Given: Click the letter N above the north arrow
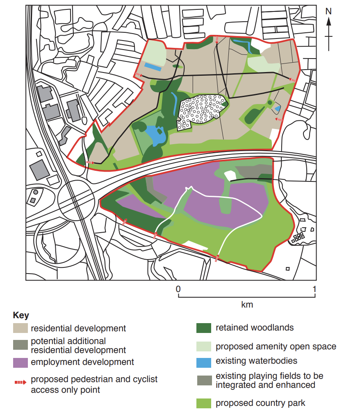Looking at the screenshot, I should (328, 11).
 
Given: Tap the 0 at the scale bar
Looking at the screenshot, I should (178, 288).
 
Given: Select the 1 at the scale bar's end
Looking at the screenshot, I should (314, 288).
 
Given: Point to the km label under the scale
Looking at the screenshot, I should (247, 305).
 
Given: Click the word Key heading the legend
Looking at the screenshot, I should (21, 316).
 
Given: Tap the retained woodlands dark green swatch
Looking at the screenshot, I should (204, 328).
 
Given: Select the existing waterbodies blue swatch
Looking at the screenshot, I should (204, 362).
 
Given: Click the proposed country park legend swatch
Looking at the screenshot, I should (204, 403).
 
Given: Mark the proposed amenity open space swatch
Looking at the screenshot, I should (204, 346).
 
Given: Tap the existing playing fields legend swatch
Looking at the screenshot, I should (204, 380).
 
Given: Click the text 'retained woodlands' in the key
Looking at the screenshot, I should (255, 328).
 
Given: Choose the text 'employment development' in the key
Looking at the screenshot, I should (82, 362).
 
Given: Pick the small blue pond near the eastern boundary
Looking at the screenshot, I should (278, 109).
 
